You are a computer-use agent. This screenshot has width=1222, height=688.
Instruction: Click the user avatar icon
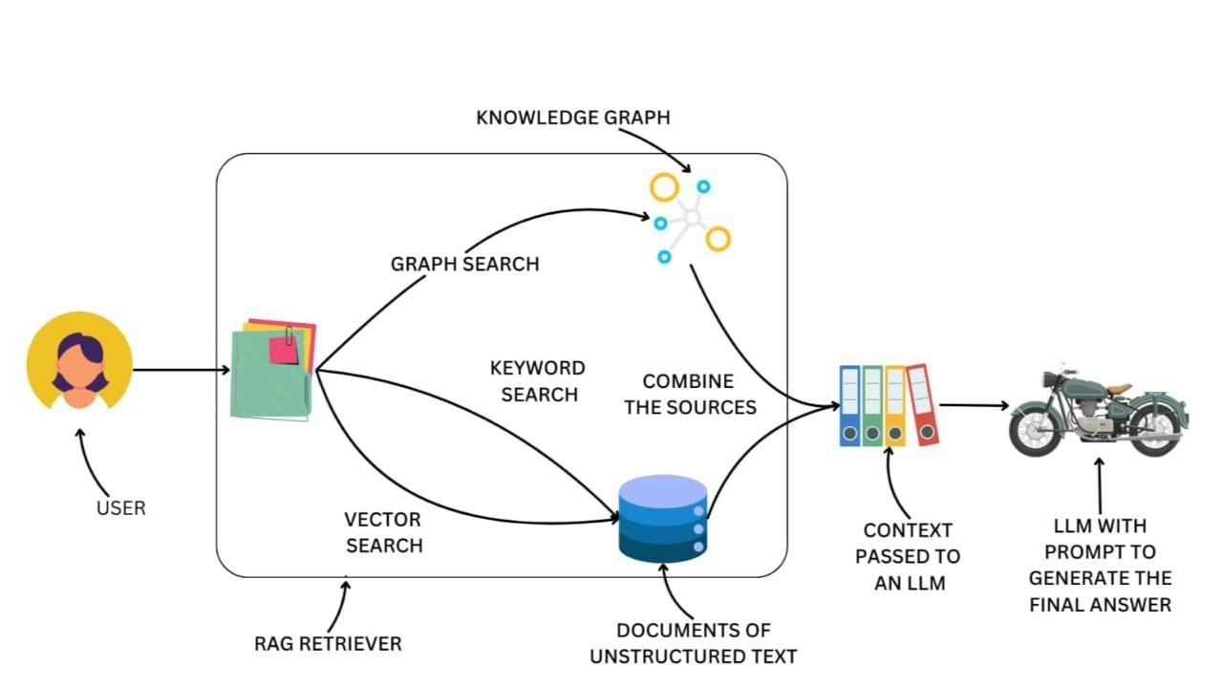(79, 361)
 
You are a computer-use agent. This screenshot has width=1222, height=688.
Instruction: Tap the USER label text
(121, 507)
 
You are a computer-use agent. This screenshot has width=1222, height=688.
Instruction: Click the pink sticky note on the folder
(283, 350)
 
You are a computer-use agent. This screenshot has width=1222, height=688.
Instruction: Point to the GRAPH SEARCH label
(464, 264)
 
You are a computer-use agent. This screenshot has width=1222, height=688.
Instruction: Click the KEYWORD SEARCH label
(538, 381)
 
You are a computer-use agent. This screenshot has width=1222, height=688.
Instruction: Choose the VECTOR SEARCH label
(383, 532)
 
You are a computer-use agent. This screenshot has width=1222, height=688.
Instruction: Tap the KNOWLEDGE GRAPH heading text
(572, 118)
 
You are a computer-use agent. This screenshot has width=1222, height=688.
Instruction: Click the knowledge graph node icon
(690, 220)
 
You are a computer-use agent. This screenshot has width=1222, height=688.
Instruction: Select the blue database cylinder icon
(662, 518)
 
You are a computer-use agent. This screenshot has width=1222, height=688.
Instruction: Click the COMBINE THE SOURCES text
(690, 394)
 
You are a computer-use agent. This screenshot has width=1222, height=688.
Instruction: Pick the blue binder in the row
(849, 406)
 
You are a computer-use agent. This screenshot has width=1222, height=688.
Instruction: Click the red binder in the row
(922, 405)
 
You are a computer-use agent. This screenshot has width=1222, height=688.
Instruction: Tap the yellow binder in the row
(895, 406)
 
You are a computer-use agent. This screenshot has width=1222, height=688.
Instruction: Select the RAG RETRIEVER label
(328, 643)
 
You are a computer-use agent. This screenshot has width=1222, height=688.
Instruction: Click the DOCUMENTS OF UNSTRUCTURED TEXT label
(693, 643)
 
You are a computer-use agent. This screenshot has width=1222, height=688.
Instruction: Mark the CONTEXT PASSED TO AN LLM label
(907, 556)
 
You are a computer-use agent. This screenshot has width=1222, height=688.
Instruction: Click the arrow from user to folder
(181, 370)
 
